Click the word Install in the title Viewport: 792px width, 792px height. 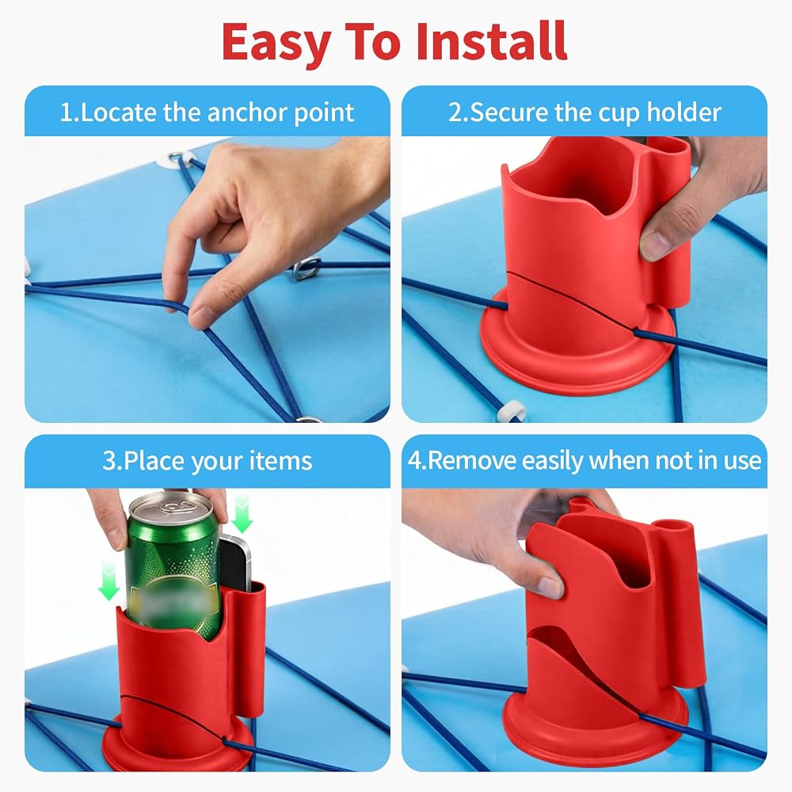click(x=491, y=41)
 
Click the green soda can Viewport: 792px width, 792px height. click(x=172, y=565)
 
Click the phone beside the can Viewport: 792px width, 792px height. click(x=235, y=563)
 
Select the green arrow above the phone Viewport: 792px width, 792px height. click(x=242, y=514)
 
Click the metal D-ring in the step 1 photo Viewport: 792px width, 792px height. click(x=307, y=268)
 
